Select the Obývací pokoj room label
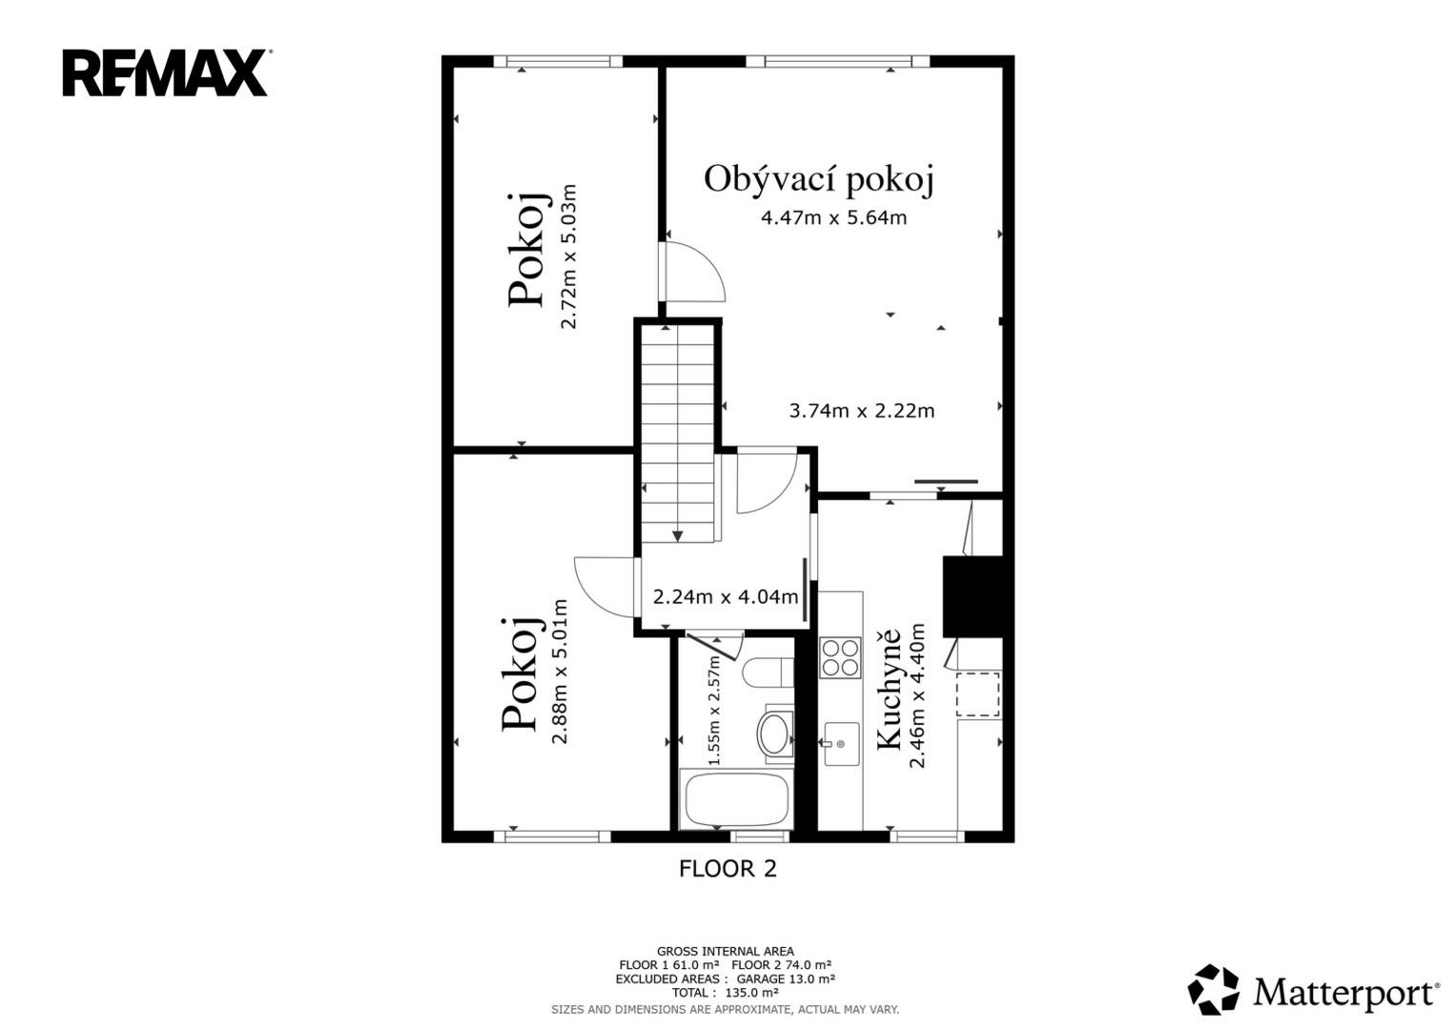click(x=819, y=179)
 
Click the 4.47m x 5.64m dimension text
click(x=834, y=217)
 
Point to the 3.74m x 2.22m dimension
click(x=862, y=410)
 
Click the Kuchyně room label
click(x=890, y=689)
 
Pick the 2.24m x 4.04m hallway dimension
click(x=726, y=596)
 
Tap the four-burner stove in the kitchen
click(x=840, y=657)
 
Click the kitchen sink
click(x=841, y=743)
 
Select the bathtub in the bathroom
click(x=736, y=799)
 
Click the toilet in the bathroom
click(x=768, y=673)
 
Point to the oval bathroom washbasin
click(x=774, y=734)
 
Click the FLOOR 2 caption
click(x=728, y=869)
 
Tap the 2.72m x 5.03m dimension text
click(x=568, y=257)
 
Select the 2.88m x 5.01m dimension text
click(x=560, y=671)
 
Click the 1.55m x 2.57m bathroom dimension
click(x=714, y=711)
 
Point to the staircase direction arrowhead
click(x=677, y=536)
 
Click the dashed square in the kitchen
click(x=977, y=694)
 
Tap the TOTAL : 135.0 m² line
click(x=726, y=993)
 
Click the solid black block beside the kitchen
click(x=974, y=596)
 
